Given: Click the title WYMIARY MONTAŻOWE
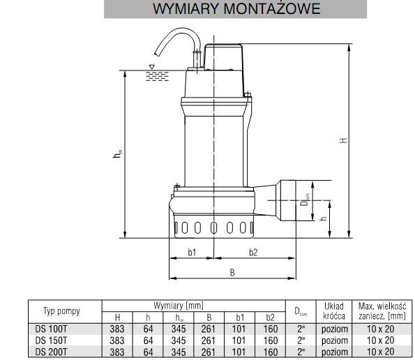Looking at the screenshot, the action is [236, 9].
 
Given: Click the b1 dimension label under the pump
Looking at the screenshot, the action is [192, 253].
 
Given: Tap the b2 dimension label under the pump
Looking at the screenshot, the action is [253, 253].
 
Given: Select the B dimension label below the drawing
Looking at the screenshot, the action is [232, 272].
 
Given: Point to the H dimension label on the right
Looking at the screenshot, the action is [343, 140].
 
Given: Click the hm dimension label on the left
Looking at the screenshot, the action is [117, 153].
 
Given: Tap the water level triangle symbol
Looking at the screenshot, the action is [151, 67].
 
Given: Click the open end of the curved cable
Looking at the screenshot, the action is [156, 54].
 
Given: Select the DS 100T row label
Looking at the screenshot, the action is [51, 329].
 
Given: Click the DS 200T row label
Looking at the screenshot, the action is [51, 352].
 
